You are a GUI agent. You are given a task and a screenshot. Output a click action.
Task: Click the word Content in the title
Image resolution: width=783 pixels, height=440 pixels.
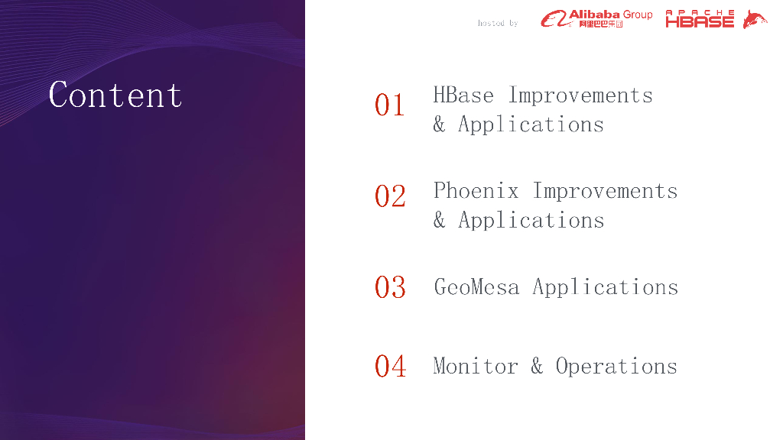115,94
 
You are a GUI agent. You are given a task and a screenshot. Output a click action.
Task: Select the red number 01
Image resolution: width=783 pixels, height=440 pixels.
389,105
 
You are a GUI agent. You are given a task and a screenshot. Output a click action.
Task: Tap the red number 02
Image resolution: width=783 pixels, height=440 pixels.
390,196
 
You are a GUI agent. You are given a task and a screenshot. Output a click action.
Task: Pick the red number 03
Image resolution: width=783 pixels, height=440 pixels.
390,287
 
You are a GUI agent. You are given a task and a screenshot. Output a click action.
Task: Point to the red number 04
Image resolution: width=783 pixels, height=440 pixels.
390,366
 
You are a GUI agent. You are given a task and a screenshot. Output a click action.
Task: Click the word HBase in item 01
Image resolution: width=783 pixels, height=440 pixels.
463,95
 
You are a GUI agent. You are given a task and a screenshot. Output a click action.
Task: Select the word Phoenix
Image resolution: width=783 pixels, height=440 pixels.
476,190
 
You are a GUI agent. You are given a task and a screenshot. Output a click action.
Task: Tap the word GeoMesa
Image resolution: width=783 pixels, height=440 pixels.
476,287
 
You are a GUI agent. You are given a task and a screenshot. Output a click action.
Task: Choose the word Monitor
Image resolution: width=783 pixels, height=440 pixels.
476,366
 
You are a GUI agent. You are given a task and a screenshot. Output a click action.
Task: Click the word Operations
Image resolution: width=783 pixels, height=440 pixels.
616,367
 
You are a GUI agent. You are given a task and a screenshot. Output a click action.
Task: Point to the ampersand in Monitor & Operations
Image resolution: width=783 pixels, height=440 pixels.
537,366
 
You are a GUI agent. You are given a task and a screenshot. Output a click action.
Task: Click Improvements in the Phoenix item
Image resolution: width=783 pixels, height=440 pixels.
605,191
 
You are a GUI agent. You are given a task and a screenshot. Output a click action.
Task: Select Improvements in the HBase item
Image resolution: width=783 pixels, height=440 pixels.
580,95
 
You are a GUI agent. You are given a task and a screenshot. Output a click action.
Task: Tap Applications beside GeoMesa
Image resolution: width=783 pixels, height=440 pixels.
606,287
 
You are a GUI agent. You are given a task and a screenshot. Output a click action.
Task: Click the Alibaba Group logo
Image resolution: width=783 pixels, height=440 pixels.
596,19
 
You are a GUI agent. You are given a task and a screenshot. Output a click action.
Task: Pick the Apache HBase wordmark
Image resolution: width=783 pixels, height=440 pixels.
700,19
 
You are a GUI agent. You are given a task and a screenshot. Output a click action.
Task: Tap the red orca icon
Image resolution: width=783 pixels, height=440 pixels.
755,19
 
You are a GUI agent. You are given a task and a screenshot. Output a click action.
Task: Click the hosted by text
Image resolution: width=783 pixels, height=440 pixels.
497,23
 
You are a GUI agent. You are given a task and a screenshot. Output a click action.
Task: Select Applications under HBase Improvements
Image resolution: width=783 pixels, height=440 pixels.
531,125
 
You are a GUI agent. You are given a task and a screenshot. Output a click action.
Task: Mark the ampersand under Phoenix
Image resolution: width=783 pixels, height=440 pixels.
440,219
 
